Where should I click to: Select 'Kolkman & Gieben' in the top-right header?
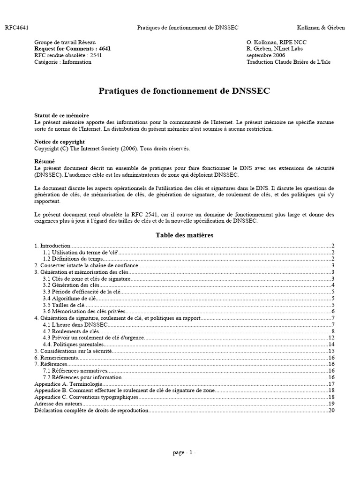pos(321,28)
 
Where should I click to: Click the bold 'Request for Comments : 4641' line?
pos(73,48)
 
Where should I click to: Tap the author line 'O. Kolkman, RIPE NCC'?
pos(277,42)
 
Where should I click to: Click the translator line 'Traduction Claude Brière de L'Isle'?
pos(288,62)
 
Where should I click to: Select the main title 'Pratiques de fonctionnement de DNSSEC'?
pos(184,91)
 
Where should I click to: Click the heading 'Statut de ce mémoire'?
pos(61,115)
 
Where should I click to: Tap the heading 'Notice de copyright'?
pos(60,142)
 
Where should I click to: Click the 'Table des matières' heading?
pos(184,235)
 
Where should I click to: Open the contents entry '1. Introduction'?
pos(52,246)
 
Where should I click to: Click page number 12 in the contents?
pos(331,337)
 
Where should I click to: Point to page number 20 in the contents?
pos(331,410)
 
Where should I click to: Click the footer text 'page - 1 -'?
pos(184,453)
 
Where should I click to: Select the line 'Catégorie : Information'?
pos(63,62)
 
